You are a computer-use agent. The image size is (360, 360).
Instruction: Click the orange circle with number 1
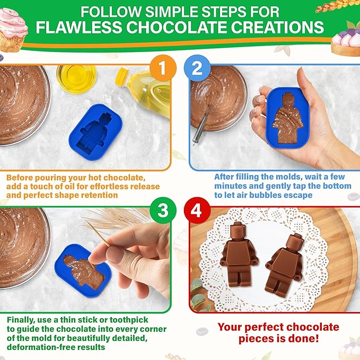click(x=163, y=68)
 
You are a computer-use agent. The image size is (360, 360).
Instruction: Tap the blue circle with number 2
click(x=197, y=68)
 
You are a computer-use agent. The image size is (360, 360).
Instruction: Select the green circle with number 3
click(x=163, y=210)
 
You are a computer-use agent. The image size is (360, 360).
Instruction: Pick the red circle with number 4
click(x=197, y=210)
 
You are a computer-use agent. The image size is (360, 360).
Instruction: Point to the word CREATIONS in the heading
click(x=277, y=28)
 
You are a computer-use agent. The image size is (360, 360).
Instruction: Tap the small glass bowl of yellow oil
click(x=76, y=78)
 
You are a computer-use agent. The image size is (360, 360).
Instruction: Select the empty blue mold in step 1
click(x=96, y=132)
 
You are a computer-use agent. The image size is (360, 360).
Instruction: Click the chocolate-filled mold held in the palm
click(x=287, y=118)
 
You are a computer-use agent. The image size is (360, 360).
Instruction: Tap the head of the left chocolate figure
click(x=237, y=230)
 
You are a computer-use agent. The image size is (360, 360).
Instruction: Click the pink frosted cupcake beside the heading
click(x=13, y=29)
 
